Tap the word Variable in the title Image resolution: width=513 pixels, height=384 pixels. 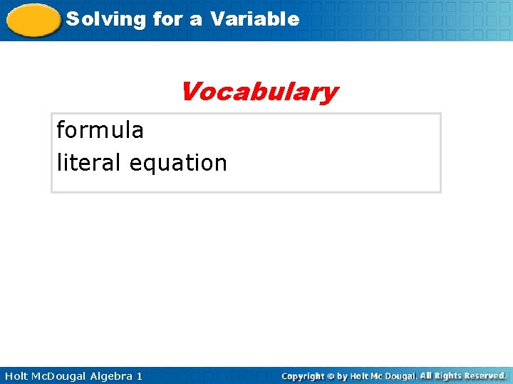click(x=254, y=19)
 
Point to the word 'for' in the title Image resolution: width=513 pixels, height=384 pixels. click(x=167, y=19)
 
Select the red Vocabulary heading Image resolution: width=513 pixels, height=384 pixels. click(x=259, y=92)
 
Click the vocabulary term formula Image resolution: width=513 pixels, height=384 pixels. click(x=100, y=130)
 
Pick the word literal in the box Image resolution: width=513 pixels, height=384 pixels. click(x=89, y=163)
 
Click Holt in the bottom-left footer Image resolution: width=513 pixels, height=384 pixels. click(x=16, y=375)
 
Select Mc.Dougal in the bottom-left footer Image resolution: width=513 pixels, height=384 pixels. click(x=62, y=375)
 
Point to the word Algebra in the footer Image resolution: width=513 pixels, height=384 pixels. click(x=112, y=375)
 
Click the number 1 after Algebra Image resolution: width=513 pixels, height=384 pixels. click(x=139, y=375)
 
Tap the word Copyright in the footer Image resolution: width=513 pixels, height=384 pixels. click(x=303, y=375)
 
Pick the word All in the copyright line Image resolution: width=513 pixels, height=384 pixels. click(x=427, y=375)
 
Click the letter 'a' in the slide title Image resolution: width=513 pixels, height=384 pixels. click(x=195, y=19)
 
